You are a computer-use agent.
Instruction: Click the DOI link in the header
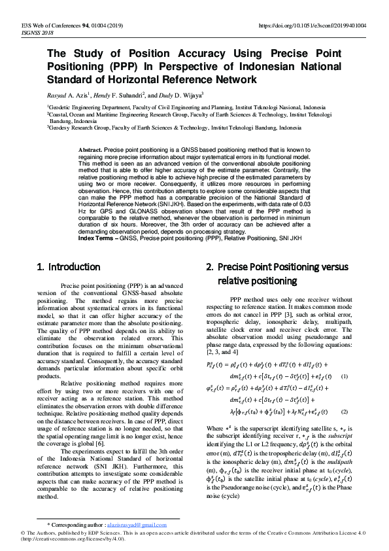313,26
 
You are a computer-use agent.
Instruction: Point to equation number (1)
345,377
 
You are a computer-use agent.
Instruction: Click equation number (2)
345,412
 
